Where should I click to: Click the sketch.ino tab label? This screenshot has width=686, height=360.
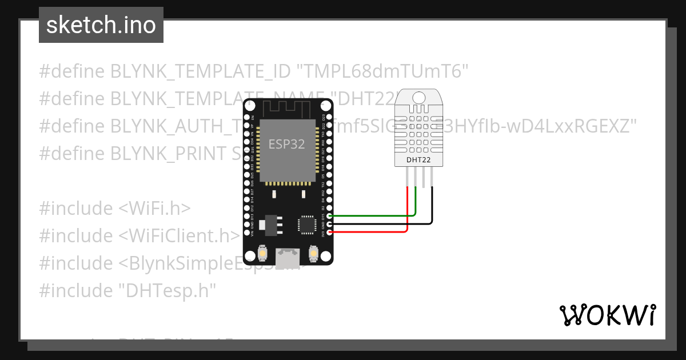tap(101, 25)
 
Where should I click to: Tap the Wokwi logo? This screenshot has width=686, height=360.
tap(607, 315)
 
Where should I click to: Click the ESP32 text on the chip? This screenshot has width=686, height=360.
tap(287, 144)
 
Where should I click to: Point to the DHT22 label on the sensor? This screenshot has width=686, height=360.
tap(418, 160)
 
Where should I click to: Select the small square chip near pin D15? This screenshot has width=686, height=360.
tap(306, 224)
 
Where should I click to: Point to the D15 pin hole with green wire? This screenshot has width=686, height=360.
tap(329, 215)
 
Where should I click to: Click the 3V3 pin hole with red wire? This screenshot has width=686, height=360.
tap(329, 231)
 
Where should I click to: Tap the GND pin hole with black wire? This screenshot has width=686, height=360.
tap(329, 223)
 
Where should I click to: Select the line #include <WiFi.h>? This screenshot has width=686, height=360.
tap(115, 209)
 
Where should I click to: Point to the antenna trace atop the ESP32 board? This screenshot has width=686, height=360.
tap(288, 107)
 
